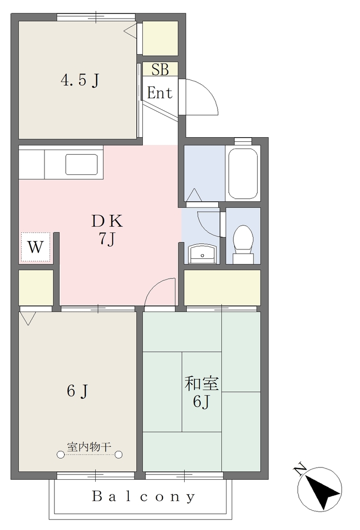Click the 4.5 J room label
(x=80, y=80)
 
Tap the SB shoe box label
(x=160, y=69)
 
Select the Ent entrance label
(x=160, y=93)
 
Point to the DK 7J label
(x=107, y=230)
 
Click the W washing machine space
(x=36, y=247)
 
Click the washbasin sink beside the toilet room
(x=202, y=254)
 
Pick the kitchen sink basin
(x=82, y=165)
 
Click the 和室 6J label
(x=201, y=392)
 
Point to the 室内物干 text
(x=89, y=447)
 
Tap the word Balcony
(x=143, y=496)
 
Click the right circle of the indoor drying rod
(x=118, y=454)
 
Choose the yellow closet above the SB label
(x=160, y=38)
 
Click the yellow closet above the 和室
(x=222, y=287)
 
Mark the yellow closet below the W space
(x=36, y=287)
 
